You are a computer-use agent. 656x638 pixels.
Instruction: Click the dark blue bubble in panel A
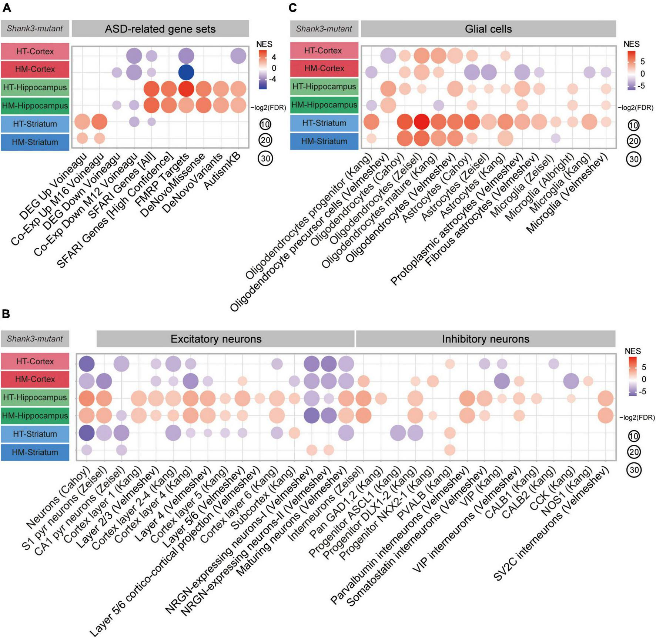(186, 72)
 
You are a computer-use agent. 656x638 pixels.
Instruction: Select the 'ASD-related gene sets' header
(160, 29)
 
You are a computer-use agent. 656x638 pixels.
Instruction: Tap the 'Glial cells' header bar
(488, 29)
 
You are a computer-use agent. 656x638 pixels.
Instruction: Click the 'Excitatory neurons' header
(216, 339)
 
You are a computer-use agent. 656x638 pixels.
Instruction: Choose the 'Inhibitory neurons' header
(485, 339)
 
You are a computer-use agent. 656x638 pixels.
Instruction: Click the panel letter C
(292, 7)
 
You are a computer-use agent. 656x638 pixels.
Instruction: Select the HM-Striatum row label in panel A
(35, 142)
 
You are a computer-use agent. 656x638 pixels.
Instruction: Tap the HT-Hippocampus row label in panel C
(324, 87)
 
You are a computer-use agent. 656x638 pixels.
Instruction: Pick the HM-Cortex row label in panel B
(35, 379)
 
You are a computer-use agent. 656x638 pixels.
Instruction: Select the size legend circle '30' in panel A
(265, 158)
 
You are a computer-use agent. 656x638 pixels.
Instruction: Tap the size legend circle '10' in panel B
(633, 436)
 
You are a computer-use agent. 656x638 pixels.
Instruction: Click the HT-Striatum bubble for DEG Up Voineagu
(82, 121)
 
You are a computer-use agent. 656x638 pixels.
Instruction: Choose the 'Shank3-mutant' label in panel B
(35, 339)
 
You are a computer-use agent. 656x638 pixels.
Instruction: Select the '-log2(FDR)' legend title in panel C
(635, 108)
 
